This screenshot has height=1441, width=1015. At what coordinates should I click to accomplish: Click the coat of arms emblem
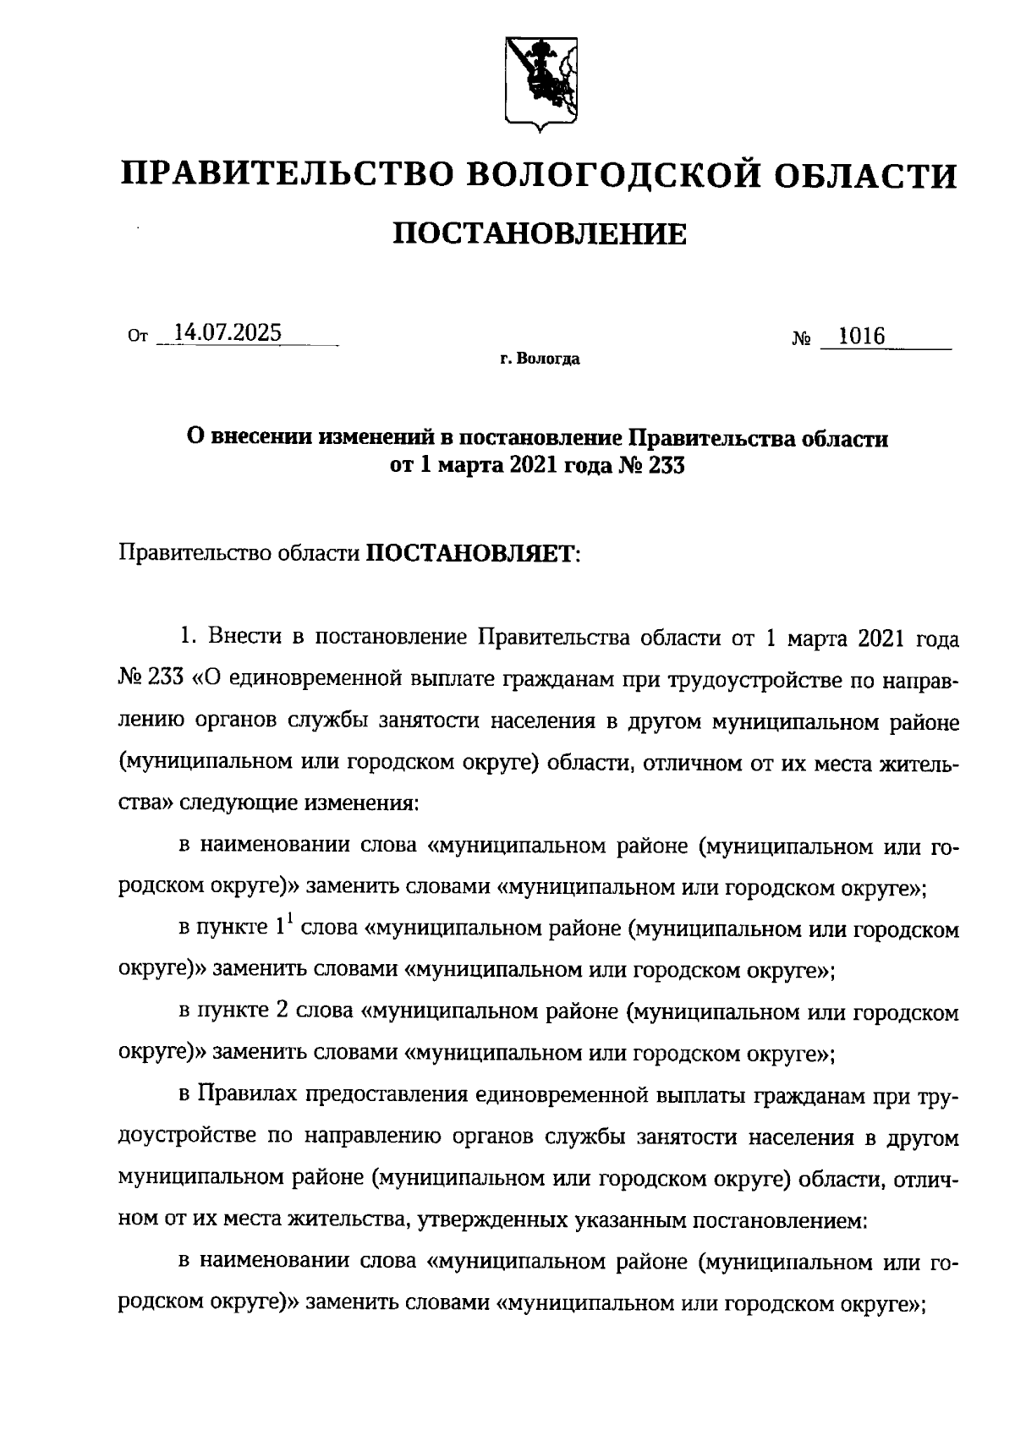click(x=541, y=84)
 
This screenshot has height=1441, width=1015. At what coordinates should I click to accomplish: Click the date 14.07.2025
click(x=227, y=333)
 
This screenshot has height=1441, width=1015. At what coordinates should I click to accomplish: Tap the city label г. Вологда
click(x=539, y=360)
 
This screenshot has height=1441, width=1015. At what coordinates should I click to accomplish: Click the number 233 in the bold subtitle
click(x=664, y=465)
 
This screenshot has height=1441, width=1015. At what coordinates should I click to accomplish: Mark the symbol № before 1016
click(x=801, y=340)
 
